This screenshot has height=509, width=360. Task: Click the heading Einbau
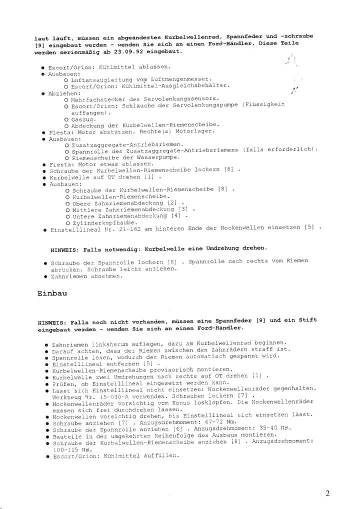(x=52, y=293)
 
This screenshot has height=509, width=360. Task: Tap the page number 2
(x=327, y=494)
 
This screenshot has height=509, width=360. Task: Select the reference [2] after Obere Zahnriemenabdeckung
(x=172, y=203)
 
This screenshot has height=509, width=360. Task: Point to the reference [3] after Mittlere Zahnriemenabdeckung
(x=183, y=209)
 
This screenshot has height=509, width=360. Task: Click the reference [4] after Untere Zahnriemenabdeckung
(x=176, y=216)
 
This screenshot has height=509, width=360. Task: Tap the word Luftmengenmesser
(x=180, y=79)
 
